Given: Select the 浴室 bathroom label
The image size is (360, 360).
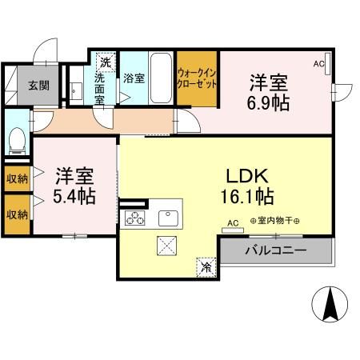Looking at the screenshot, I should [x=134, y=78].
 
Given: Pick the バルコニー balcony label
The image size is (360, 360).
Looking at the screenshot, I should [x=276, y=250].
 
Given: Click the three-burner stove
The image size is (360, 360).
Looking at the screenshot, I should [x=133, y=218].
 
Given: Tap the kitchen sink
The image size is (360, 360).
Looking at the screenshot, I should [x=168, y=218].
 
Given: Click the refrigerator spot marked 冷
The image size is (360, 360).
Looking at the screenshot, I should [x=205, y=267].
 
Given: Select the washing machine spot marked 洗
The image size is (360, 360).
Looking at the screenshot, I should [x=105, y=61].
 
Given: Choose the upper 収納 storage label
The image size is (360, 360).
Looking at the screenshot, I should [x=17, y=178].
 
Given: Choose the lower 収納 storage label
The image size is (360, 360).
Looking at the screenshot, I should [x=17, y=214].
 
